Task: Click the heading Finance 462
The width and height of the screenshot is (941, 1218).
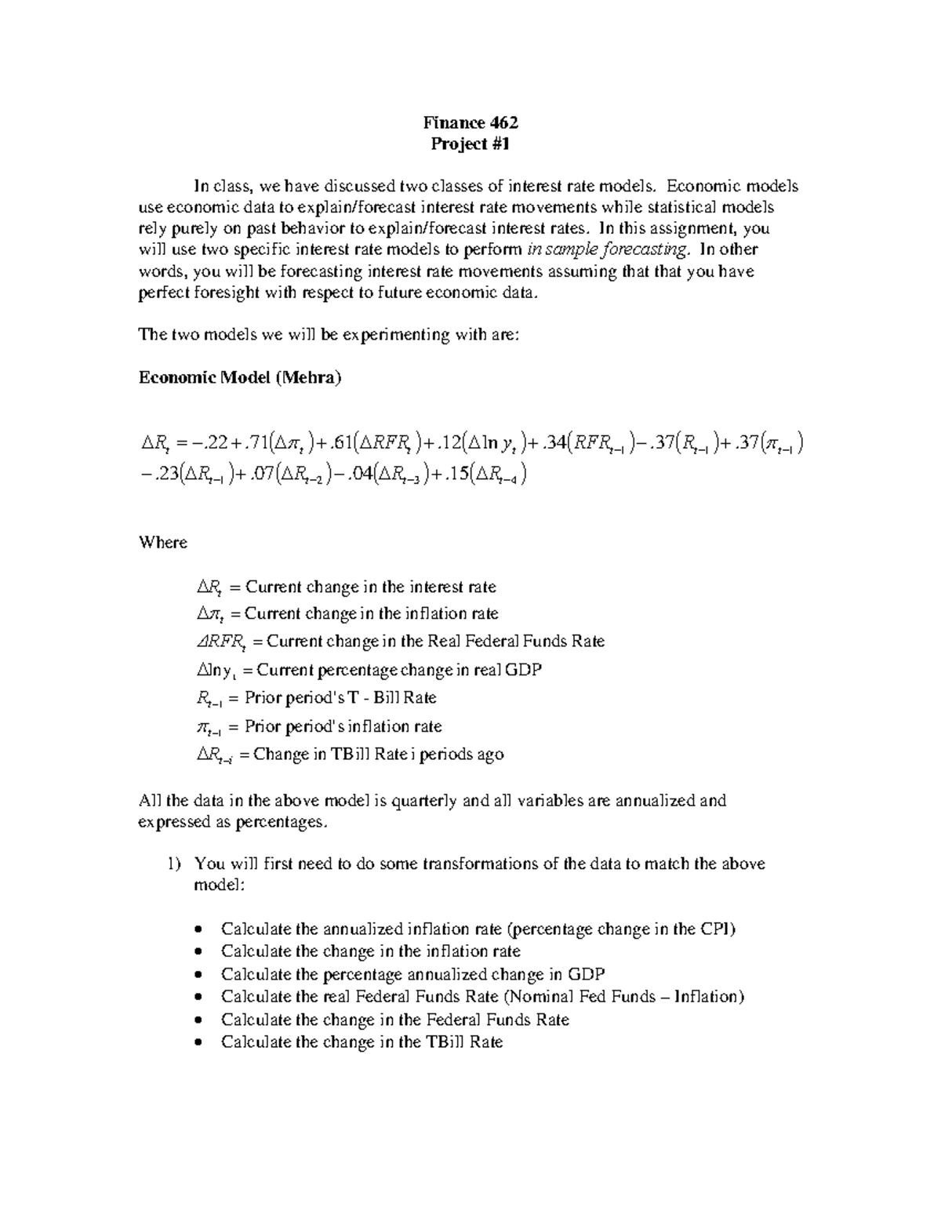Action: coord(470,122)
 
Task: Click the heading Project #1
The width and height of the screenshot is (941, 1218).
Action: coord(470,144)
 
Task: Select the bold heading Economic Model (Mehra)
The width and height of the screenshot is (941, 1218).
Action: coord(240,377)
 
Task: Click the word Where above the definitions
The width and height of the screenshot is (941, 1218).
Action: coord(162,543)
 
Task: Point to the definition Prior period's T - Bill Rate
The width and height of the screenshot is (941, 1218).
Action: coord(351,697)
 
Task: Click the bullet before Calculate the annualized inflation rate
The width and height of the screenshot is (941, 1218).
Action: coord(198,930)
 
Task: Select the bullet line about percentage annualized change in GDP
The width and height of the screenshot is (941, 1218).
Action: coord(412,974)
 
